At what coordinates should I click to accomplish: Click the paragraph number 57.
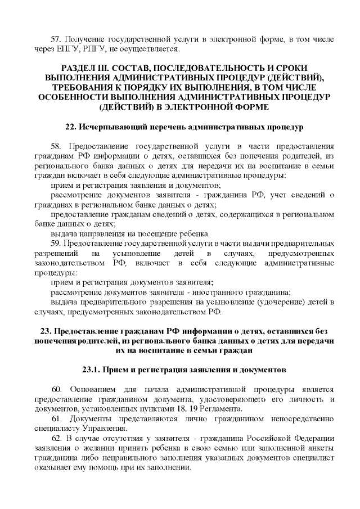pos(55,39)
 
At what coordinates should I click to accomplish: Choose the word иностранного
pos(219,292)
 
